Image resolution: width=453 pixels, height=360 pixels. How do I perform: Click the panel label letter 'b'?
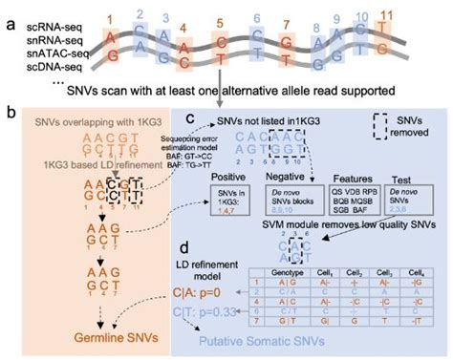pos(9,114)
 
